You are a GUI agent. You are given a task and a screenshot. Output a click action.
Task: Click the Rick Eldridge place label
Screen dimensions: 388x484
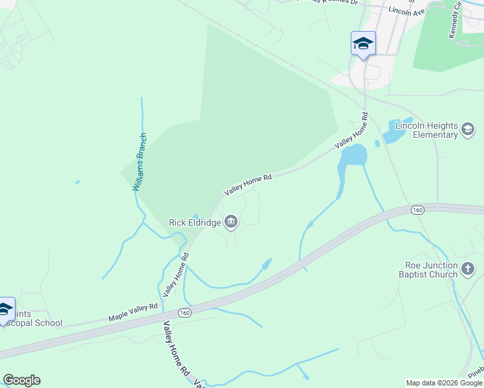(195, 222)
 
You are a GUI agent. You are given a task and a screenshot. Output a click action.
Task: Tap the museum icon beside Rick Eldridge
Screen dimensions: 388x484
(231, 223)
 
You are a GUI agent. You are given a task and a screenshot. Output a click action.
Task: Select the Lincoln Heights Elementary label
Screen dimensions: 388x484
(426, 130)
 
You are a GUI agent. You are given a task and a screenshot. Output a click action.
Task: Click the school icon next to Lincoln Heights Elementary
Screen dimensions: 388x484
(467, 130)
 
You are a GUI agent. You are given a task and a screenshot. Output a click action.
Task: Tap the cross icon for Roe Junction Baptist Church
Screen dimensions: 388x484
(468, 268)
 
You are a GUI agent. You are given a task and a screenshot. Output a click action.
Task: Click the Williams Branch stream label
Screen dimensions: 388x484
(140, 162)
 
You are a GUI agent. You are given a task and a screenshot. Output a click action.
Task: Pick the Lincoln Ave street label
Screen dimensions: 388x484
(406, 11)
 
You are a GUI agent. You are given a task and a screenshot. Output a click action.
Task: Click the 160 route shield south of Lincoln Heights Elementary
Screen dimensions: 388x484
(417, 210)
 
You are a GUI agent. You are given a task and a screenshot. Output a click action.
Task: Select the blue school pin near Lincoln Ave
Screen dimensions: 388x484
(362, 44)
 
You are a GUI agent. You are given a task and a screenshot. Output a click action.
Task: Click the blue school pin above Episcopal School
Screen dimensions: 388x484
(5, 309)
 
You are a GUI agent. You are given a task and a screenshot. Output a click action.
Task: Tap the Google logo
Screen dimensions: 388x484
(21, 380)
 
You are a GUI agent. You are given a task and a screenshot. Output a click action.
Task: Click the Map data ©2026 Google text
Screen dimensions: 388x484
(444, 383)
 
